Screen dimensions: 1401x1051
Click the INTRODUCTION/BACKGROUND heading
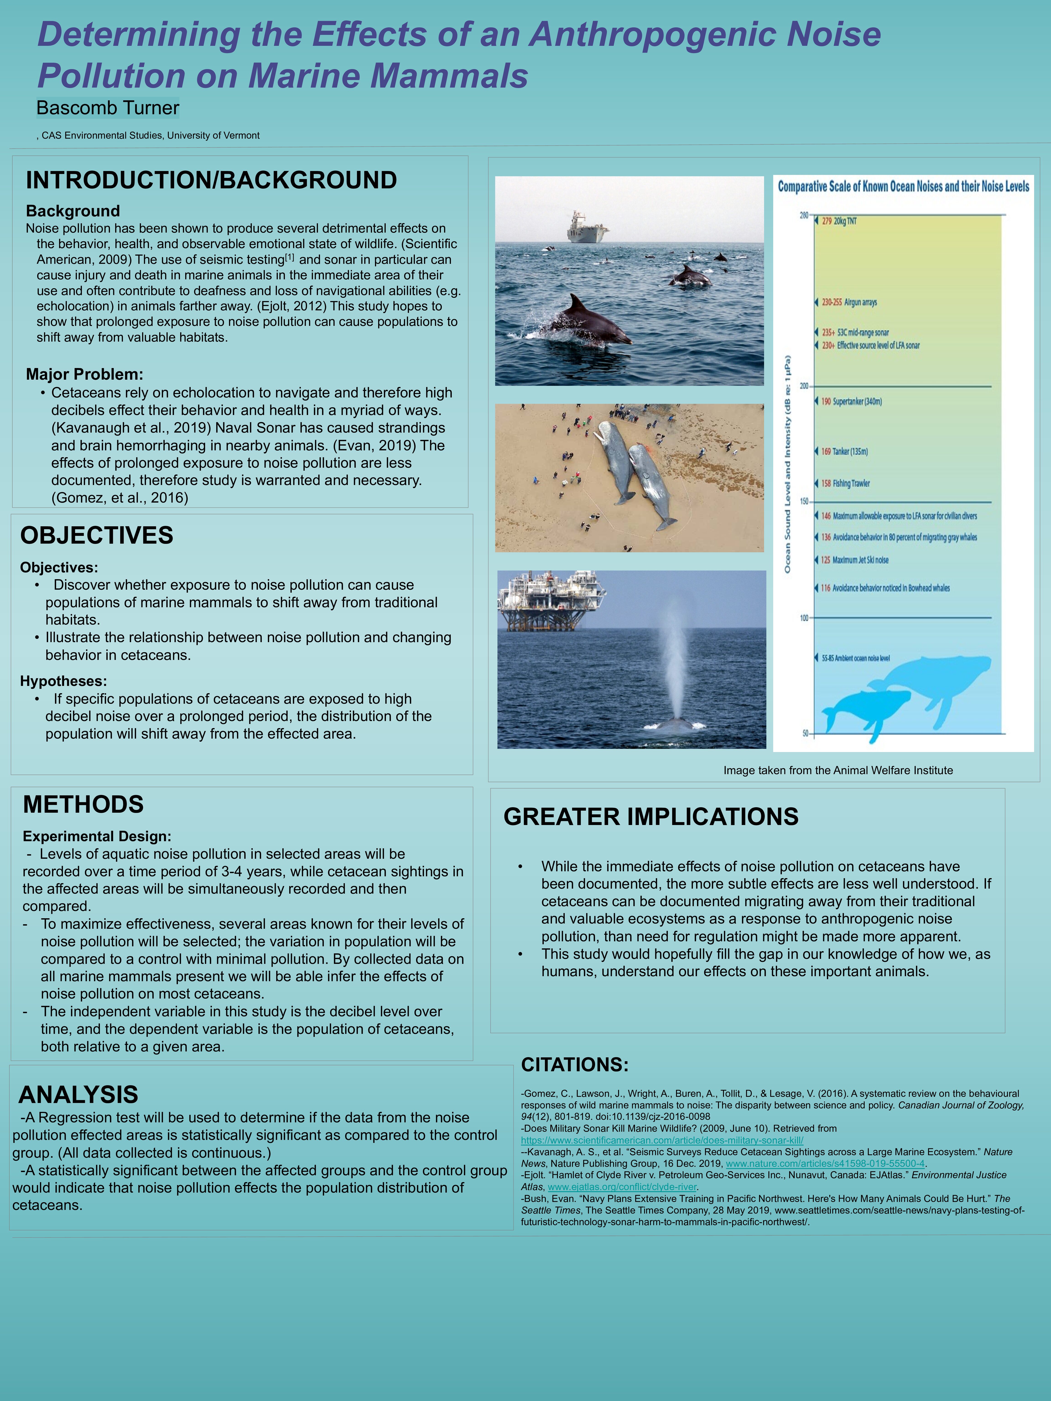click(x=211, y=181)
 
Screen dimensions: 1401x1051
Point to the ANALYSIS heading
click(x=78, y=1095)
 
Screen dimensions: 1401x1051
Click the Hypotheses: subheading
click(x=63, y=681)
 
